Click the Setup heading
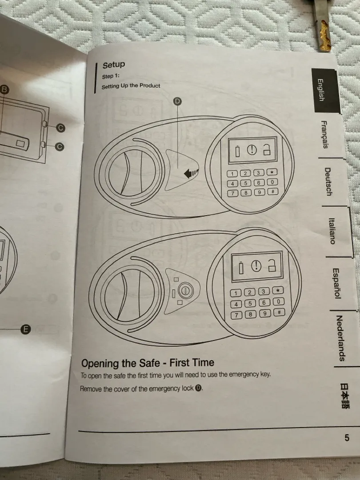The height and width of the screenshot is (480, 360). (x=113, y=65)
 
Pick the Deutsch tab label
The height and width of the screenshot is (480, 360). (x=328, y=181)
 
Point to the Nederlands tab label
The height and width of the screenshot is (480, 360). (x=340, y=338)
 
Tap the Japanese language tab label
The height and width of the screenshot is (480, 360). (x=345, y=396)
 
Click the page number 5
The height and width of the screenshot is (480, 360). (x=347, y=438)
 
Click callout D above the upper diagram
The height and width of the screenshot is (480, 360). (x=177, y=102)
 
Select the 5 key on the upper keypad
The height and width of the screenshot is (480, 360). (x=245, y=183)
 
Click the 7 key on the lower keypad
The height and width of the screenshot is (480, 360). (x=237, y=315)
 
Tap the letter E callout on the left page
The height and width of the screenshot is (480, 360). (x=25, y=329)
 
